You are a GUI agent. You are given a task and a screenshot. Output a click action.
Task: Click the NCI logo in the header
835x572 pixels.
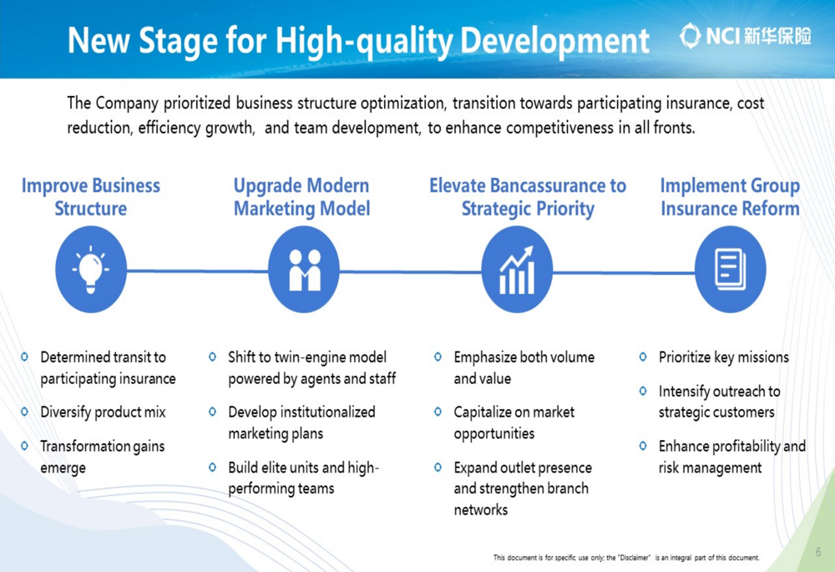[x=746, y=36]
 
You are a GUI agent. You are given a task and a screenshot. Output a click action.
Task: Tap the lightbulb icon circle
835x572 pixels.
[x=91, y=269]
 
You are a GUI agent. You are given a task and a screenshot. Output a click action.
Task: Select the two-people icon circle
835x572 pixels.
[x=304, y=269]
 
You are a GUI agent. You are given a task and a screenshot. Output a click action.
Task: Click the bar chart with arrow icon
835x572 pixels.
[x=517, y=270]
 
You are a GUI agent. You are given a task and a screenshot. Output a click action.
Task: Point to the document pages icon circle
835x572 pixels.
[x=731, y=269]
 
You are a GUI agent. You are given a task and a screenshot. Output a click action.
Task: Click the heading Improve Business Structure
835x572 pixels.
[x=90, y=196]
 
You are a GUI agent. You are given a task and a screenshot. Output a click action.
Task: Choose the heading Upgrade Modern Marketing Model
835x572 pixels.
[x=302, y=196]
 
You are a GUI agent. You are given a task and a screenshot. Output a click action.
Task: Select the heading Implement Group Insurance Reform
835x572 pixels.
[x=730, y=196]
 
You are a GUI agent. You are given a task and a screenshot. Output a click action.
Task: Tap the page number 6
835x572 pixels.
[x=818, y=552]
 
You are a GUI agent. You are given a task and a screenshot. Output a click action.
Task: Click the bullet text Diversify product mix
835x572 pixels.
[x=103, y=413]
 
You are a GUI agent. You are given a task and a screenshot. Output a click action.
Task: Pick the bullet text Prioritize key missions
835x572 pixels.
[x=724, y=357]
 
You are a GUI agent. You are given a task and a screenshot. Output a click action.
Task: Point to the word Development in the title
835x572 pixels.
[x=555, y=41]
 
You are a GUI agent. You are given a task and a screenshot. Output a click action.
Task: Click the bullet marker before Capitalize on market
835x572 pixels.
[x=438, y=412]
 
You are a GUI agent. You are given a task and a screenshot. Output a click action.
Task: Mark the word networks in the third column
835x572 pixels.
[x=481, y=509]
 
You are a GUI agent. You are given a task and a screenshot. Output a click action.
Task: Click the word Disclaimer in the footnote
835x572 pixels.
[x=635, y=558]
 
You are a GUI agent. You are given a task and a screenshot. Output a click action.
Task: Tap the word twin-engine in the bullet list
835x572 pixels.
[x=314, y=357]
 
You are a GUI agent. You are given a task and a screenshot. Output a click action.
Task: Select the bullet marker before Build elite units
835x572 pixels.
[x=212, y=467]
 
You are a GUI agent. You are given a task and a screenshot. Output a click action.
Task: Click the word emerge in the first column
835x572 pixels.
[x=63, y=468]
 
